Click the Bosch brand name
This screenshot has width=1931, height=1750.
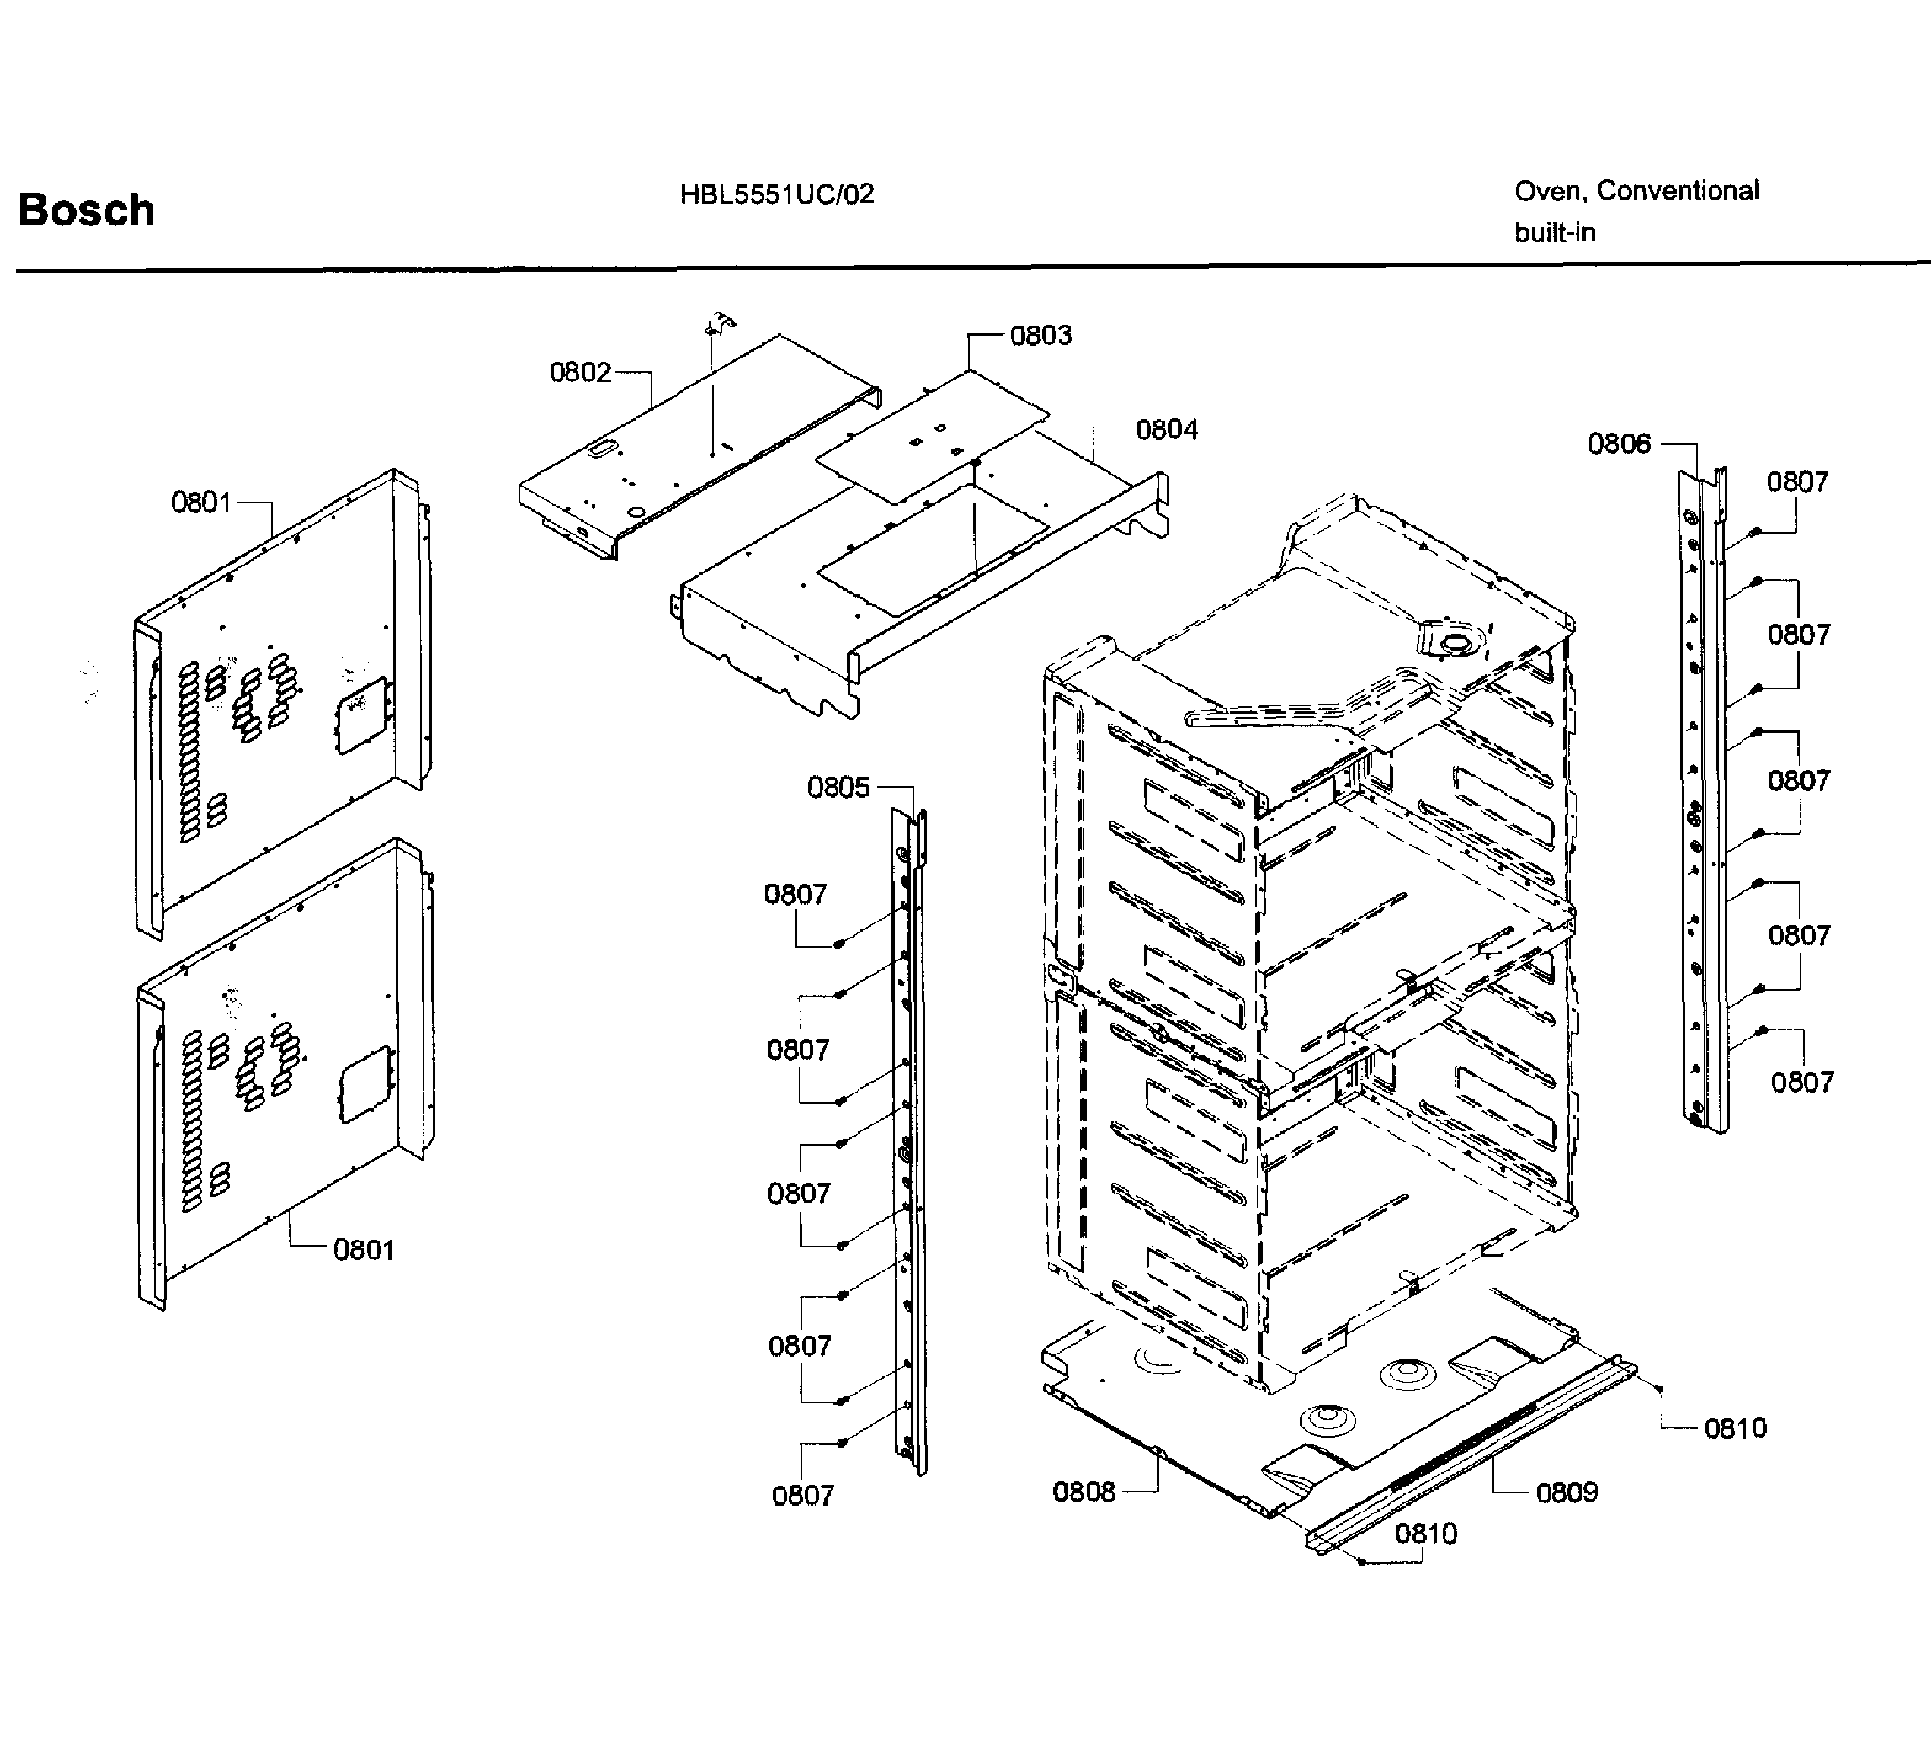click(87, 210)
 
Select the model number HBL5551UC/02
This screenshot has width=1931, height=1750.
click(777, 195)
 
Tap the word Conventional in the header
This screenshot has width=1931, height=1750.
click(1677, 191)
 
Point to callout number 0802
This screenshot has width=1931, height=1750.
click(579, 372)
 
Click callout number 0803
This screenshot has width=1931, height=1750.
click(1040, 336)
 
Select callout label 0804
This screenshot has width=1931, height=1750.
click(1166, 429)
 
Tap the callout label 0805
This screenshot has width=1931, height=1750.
click(838, 787)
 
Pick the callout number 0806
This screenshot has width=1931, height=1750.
click(1619, 443)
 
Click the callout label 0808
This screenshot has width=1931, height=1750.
click(1084, 1491)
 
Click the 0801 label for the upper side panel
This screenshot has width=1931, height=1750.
click(201, 502)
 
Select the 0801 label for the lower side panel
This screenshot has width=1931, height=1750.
click(363, 1250)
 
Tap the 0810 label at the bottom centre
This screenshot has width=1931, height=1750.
click(1425, 1534)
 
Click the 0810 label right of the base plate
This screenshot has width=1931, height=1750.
click(1734, 1428)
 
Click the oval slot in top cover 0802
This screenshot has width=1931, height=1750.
click(604, 447)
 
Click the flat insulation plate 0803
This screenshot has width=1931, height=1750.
click(934, 436)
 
